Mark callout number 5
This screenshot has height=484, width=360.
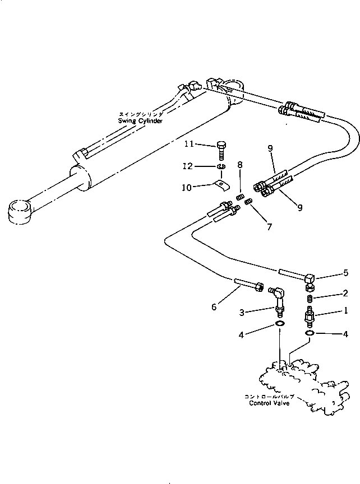coord(346,273)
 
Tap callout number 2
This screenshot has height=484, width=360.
coord(346,293)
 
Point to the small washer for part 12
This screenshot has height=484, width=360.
coord(221,166)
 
